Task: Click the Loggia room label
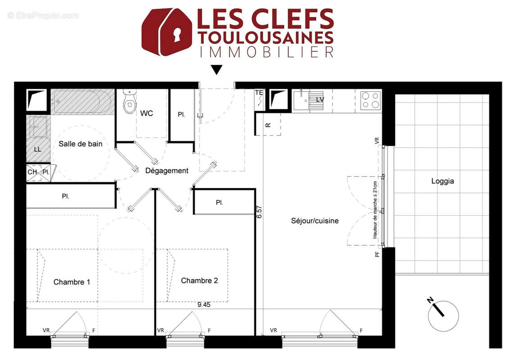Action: pos(442,181)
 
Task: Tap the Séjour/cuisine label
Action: pos(314,221)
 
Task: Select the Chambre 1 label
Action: pos(72,282)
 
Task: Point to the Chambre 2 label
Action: pos(199,281)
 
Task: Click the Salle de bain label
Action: pos(80,144)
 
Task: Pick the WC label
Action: pos(146,113)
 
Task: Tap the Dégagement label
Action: pos(167,171)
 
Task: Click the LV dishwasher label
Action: pos(320,99)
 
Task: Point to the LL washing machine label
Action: pos(38,149)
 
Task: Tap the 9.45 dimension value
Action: pos(204,304)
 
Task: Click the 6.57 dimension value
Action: pos(259,211)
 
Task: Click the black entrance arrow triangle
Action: pos(217,70)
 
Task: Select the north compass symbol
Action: pos(443,315)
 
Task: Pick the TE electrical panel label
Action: pos(259,93)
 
